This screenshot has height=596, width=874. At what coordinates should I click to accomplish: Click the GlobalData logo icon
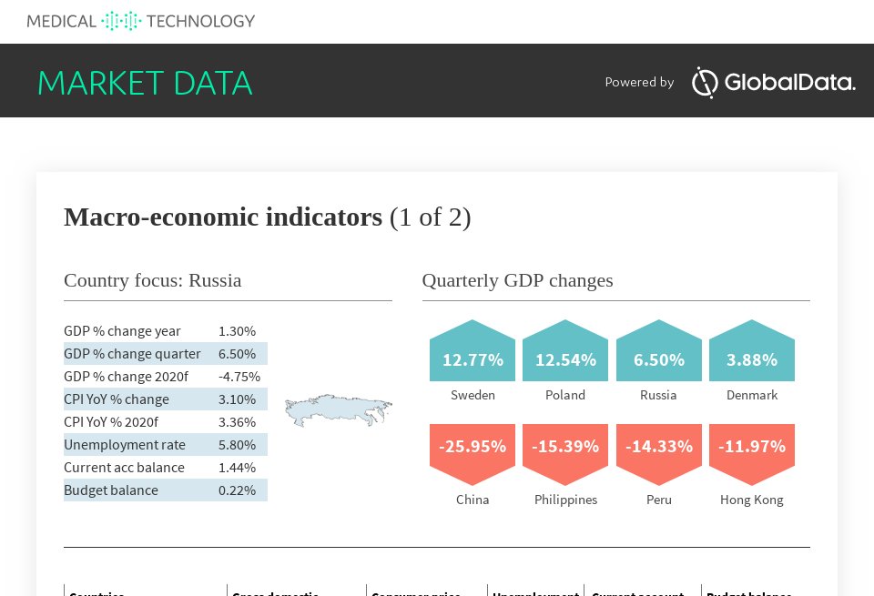(x=706, y=82)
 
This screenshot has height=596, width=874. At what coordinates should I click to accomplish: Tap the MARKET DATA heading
(x=145, y=83)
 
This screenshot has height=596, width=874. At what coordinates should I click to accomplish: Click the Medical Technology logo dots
(x=121, y=20)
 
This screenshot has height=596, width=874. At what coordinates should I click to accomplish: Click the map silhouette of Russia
(x=338, y=410)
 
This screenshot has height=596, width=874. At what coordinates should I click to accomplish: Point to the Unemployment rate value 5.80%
(x=237, y=445)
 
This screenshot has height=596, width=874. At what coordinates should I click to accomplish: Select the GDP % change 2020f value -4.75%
(x=239, y=377)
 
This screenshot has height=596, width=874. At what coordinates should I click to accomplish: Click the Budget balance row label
(x=111, y=490)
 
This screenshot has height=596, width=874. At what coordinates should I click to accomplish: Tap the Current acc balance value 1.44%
(x=237, y=468)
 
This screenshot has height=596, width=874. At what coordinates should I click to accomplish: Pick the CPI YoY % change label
(x=117, y=399)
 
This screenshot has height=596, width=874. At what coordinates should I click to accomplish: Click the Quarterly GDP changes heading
(x=517, y=280)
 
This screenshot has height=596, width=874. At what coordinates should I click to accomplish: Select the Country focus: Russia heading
(x=153, y=280)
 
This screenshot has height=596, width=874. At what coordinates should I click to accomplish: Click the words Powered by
(x=639, y=83)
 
